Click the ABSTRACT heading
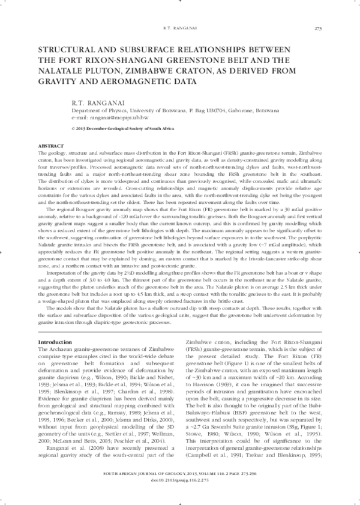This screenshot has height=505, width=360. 52,146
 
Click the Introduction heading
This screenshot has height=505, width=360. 55,341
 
